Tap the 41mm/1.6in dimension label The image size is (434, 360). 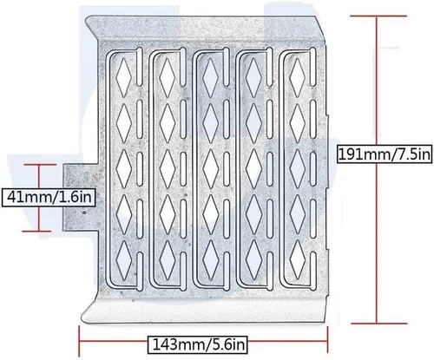pos(49,197)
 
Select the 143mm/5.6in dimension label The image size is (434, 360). pos(198,344)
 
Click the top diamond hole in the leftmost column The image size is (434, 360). pos(123,77)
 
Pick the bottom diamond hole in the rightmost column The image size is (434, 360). pos(298,260)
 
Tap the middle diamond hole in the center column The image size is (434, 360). pos(211,168)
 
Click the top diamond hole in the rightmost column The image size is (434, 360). pos(298,77)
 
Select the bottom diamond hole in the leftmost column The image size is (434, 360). pos(124,260)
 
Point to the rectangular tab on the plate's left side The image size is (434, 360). pos(81,197)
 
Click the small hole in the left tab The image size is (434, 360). pos(84,213)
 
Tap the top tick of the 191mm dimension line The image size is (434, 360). pos(378,16)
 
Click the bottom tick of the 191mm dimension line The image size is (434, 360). pos(379,324)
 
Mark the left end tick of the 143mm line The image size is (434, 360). pos(79,341)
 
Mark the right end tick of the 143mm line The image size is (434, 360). pos(327,340)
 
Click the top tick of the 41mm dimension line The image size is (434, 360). pos(40,165)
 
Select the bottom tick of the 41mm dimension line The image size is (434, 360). pos(36,231)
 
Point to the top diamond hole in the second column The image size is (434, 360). pos(168,77)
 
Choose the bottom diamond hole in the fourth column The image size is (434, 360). pos(254,260)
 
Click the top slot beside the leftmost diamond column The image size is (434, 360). pos(140,68)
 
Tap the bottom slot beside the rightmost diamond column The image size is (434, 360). pos(313,271)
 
